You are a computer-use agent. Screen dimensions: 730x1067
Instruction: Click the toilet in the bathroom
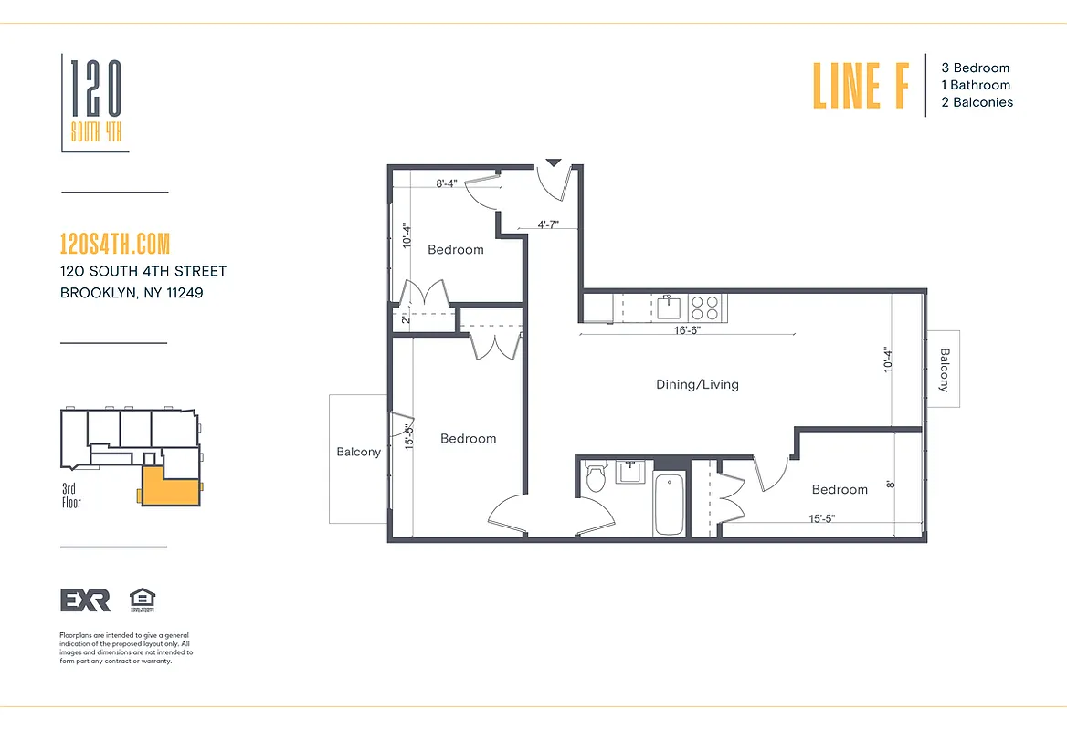pos(596,477)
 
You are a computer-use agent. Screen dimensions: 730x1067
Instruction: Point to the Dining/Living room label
pos(697,384)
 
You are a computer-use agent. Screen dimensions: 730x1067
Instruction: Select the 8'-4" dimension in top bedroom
pos(446,183)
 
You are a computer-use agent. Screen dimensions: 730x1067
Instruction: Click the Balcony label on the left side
pos(358,452)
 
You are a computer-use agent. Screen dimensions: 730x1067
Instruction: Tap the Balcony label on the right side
pos(945,370)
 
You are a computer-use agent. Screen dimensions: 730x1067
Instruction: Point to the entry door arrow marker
pos(553,165)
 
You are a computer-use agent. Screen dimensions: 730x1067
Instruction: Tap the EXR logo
pos(85,600)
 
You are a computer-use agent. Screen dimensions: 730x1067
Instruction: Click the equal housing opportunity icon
pos(143,599)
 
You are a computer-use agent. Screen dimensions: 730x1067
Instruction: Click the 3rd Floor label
pos(71,495)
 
